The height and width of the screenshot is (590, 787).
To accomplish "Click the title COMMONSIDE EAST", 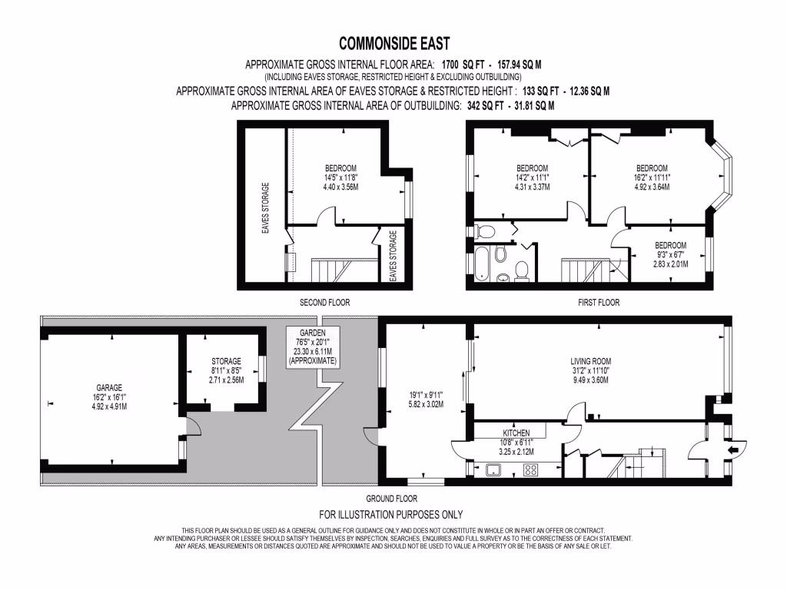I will point(393,44).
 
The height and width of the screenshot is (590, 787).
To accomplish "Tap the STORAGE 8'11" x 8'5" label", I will point(226,370).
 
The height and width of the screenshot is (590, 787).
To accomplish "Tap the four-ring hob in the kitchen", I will point(530,471).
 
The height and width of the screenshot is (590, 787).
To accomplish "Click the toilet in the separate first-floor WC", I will point(486,230).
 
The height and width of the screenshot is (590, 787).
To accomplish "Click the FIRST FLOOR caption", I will point(599,303).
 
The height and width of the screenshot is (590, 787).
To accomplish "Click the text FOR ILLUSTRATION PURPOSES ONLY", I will point(390,515).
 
